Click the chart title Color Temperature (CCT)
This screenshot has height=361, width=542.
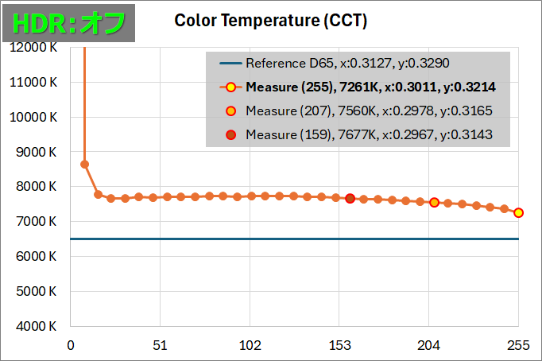270,21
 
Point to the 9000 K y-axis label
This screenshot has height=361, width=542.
35,151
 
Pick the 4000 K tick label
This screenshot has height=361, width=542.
35,326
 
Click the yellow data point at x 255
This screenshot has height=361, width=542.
518,212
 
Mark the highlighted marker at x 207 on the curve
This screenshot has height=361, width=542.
434,202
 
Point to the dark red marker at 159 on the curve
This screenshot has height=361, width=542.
350,198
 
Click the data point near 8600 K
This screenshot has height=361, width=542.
85,165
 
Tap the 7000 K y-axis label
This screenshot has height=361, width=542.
35,221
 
